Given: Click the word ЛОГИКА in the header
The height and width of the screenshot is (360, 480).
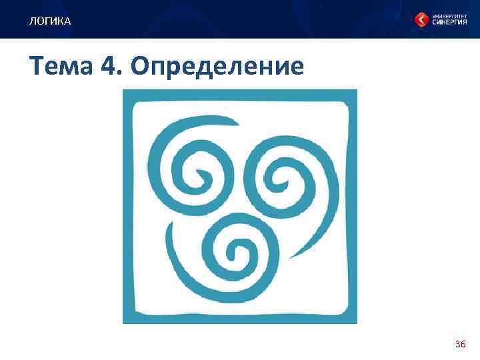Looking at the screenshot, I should tap(49, 22).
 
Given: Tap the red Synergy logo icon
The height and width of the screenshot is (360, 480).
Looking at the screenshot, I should tap(422, 20).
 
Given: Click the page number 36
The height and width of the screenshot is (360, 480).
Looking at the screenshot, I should tap(460, 344).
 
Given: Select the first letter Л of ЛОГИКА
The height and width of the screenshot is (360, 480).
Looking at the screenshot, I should tap(32, 22).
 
